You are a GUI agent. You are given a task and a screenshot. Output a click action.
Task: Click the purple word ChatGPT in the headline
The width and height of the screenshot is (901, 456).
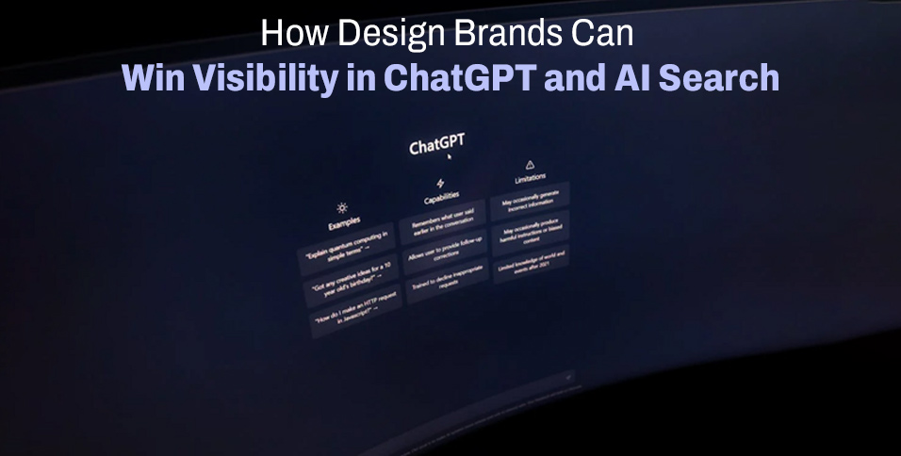click(461, 78)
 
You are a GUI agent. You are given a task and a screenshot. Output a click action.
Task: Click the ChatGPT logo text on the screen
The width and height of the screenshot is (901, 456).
click(436, 146)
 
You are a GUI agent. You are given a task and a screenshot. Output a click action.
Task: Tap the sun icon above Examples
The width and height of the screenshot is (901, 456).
click(342, 207)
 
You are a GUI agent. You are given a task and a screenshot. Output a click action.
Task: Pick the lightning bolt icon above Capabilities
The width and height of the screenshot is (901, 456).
click(439, 183)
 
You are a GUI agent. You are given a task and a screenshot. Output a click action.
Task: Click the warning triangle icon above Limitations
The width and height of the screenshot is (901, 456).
click(530, 165)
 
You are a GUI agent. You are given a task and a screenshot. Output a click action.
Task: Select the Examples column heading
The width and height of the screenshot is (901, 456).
click(344, 223)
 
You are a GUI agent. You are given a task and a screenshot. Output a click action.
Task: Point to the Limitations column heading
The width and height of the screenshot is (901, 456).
click(530, 178)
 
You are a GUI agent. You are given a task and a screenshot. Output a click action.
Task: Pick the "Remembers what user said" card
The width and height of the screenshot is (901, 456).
click(442, 221)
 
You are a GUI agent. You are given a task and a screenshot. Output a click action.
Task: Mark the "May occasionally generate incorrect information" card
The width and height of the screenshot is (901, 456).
click(531, 197)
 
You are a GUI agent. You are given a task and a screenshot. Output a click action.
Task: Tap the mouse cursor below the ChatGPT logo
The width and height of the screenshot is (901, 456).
click(450, 157)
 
